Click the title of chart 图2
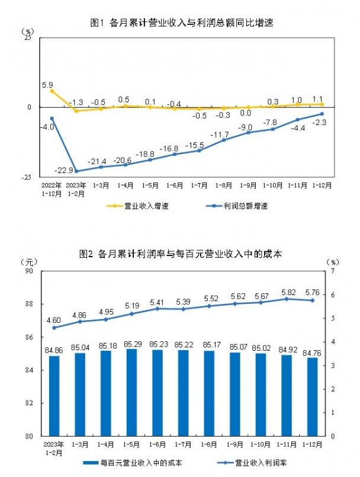point(181,254)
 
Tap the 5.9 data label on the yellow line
point(47,85)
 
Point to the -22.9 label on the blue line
point(64,171)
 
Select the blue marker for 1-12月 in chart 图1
point(322,114)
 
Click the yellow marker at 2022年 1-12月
point(52,91)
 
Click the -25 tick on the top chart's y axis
point(27,176)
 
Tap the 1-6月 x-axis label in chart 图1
point(175,185)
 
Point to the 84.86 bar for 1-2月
point(54,396)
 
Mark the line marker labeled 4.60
point(54,328)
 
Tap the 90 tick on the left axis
point(28,271)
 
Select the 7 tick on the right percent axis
point(333,271)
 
